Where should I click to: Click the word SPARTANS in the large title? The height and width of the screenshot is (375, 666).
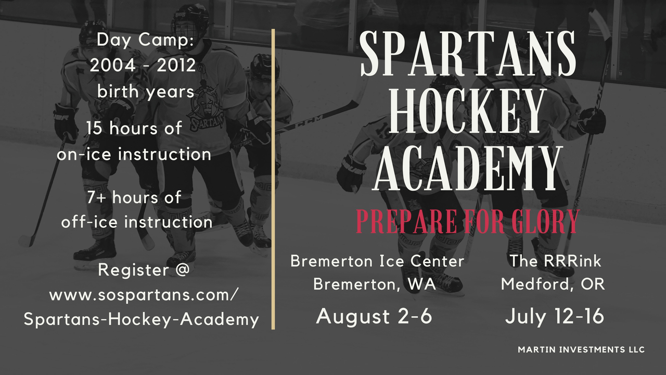point(468,53)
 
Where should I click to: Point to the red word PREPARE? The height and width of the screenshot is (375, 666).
point(406,221)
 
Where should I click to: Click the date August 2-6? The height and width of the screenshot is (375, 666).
point(374,316)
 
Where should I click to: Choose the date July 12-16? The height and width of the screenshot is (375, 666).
point(555,317)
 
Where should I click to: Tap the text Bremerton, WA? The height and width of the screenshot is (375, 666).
point(374,284)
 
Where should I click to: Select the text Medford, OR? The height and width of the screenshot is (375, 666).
point(553,284)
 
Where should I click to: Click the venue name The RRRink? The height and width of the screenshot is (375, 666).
point(555,261)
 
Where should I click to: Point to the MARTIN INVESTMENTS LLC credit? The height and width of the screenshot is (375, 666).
point(581,349)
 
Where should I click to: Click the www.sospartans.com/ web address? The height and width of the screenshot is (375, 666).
point(144,296)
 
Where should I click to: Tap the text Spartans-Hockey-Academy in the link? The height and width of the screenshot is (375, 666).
point(142,320)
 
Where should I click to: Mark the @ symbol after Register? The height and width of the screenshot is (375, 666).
point(181,270)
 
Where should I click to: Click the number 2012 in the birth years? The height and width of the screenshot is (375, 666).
point(176,66)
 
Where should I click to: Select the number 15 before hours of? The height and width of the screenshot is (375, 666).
point(95,128)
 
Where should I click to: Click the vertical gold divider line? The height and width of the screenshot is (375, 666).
point(273,179)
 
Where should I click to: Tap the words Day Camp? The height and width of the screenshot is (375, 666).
point(145,40)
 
